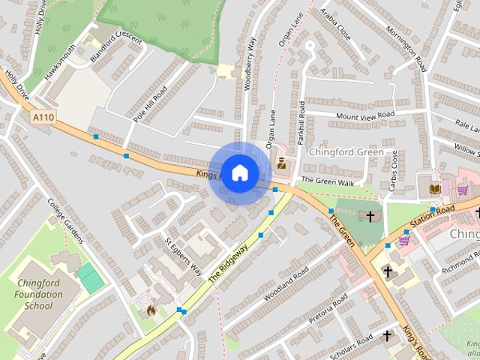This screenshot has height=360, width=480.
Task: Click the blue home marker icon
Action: pos(239,172)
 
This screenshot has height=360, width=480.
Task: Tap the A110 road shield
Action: pos(42,118)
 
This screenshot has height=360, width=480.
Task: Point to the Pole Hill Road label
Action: pos(150,103)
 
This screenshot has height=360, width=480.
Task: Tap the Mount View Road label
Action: pos(365,115)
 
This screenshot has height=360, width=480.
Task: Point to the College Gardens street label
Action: pos(66,220)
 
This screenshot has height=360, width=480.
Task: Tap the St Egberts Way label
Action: pos(183,257)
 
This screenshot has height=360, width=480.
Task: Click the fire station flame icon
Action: pos(150,309)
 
